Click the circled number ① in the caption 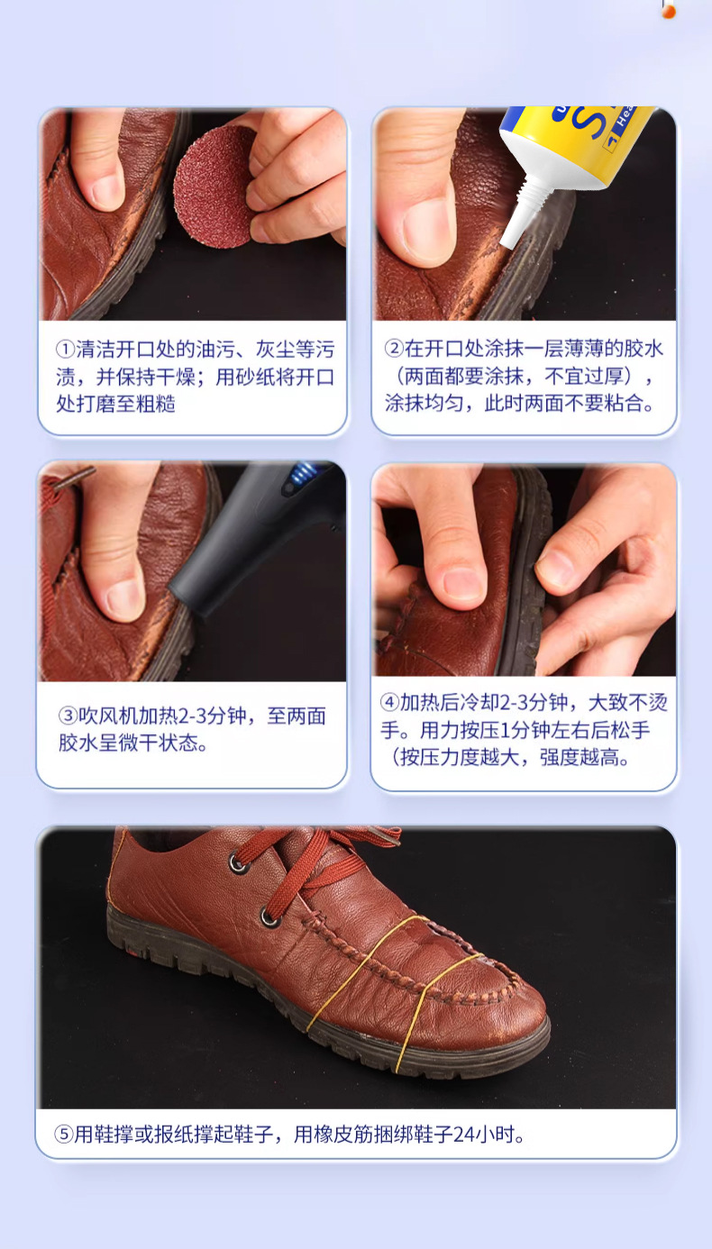click(64, 350)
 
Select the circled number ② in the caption click(394, 348)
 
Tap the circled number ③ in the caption click(68, 716)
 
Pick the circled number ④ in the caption click(388, 703)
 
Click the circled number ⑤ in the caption click(63, 1135)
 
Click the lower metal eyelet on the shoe click(269, 918)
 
